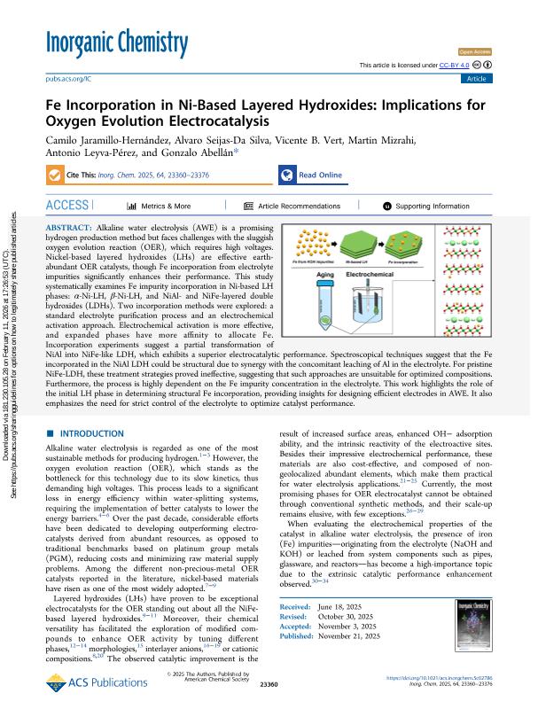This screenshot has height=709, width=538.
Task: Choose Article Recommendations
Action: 297,206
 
